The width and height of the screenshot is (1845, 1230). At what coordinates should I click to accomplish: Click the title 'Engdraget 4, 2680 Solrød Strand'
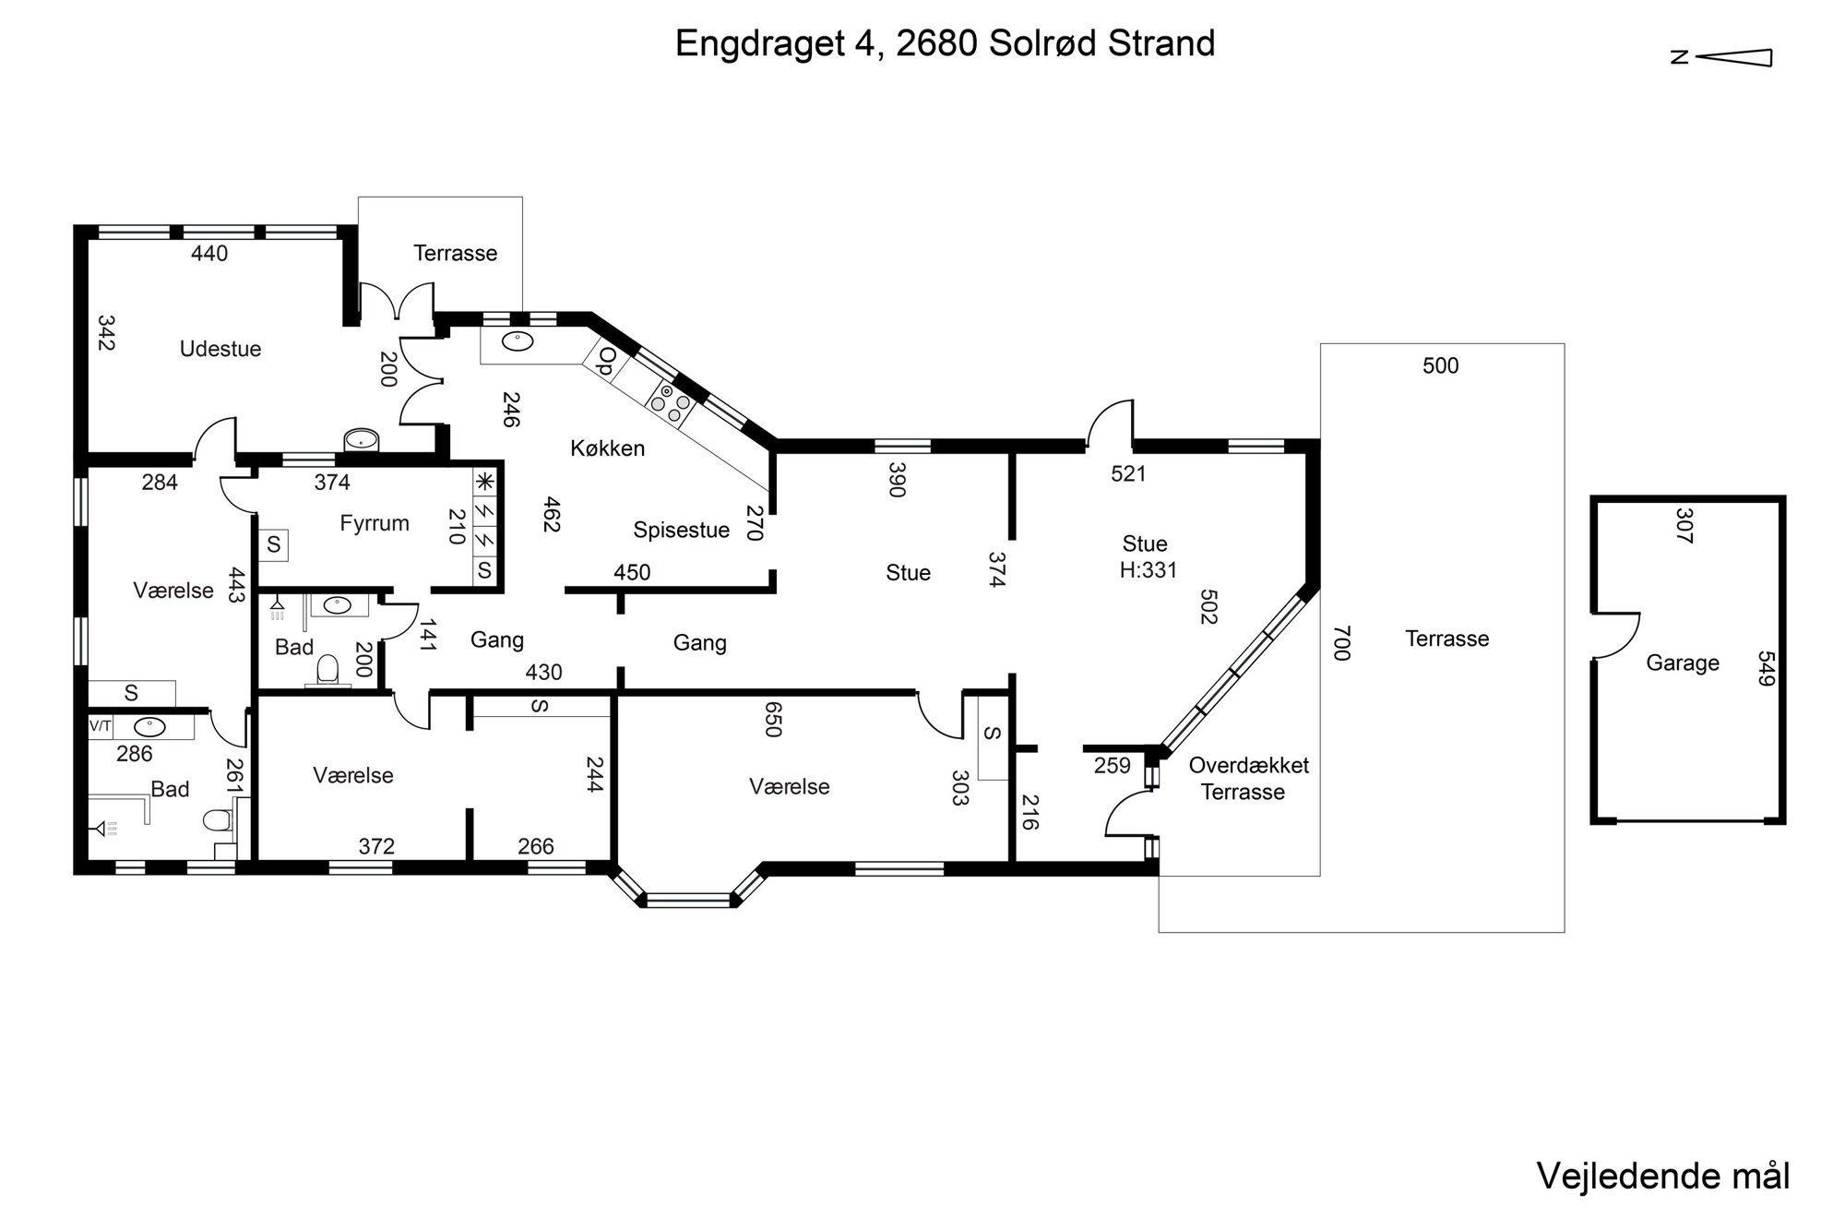pos(945,43)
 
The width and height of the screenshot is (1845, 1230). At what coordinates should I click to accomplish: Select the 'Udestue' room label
pos(220,349)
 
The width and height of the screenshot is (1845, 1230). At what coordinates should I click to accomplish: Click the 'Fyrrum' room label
pos(375,523)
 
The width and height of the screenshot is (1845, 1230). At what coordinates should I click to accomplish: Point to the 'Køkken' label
pos(607,448)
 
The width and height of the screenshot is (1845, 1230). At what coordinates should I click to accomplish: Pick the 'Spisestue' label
pos(682,530)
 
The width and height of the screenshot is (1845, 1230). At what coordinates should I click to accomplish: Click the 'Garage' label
pos(1683,663)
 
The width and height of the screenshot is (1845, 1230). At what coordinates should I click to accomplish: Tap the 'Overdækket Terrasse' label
pos(1248,778)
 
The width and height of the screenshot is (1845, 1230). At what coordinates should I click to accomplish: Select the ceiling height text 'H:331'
pos(1149,570)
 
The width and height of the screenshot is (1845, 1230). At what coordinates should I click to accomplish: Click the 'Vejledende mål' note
pos(1663,1176)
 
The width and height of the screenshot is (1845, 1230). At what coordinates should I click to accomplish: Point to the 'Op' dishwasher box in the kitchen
pos(605,361)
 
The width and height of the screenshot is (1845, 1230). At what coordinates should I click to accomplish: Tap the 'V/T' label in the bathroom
pos(100,726)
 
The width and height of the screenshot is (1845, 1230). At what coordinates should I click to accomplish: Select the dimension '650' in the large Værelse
pos(773,720)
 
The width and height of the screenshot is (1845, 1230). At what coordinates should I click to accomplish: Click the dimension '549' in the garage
pos(1766,669)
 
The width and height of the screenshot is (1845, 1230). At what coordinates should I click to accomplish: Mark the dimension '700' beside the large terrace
pos(1341,643)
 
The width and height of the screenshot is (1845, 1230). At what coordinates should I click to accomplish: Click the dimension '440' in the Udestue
pos(209,254)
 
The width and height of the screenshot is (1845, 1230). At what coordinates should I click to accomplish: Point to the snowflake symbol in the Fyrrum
pos(485,481)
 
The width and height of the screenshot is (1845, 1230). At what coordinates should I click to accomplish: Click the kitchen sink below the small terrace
pos(518,341)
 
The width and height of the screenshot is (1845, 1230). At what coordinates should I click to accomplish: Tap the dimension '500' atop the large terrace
pos(1440,366)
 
